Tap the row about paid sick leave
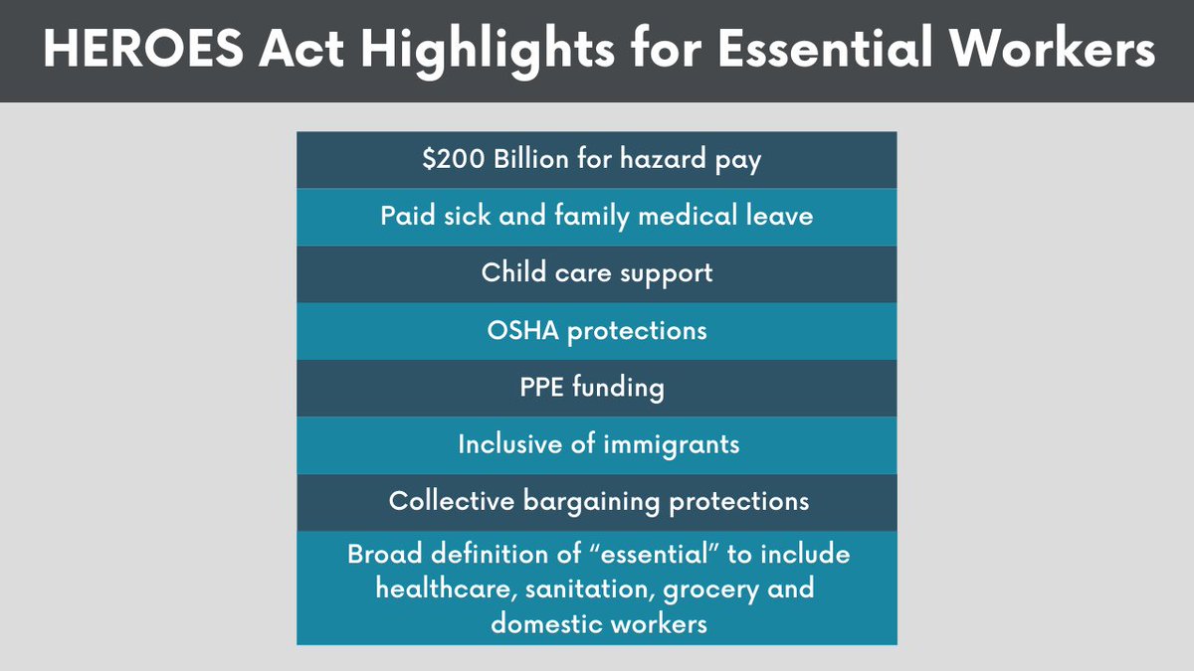pos(597,216)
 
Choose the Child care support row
pos(597,272)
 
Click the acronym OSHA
pos(522,330)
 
